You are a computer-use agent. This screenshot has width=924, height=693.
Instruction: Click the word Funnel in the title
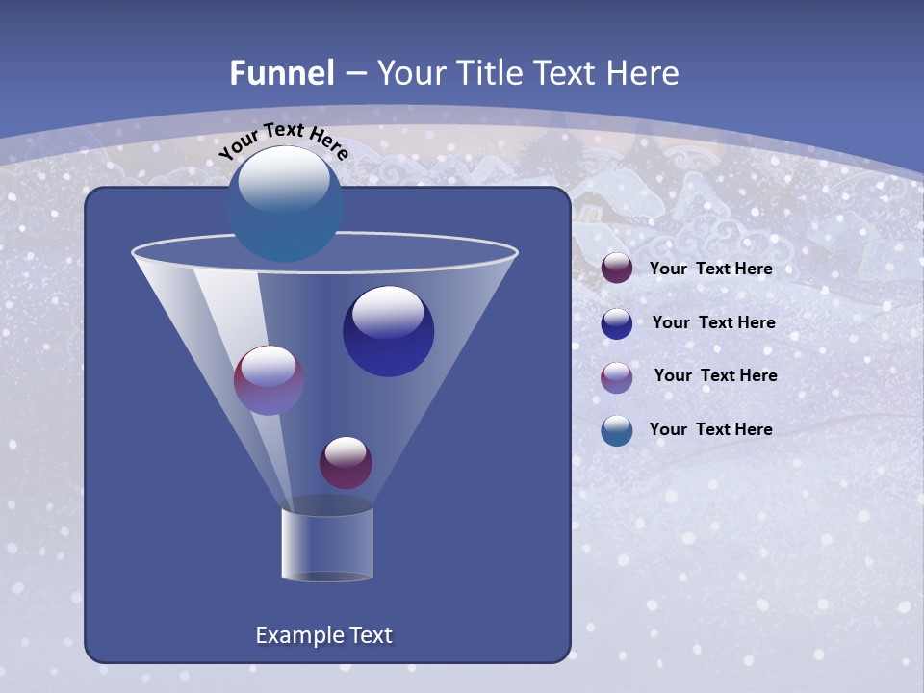click(282, 73)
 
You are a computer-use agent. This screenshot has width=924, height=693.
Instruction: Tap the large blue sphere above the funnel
click(285, 204)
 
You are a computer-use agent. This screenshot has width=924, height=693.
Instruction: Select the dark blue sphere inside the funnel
click(388, 332)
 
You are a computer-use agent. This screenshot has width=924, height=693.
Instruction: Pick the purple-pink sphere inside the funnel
click(269, 380)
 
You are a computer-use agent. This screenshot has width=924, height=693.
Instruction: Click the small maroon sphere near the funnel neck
click(346, 463)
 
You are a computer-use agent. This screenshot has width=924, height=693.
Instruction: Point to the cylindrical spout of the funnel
click(327, 544)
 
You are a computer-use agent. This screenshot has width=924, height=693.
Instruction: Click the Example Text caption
click(323, 635)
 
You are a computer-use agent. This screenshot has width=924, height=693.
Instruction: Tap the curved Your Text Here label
click(284, 141)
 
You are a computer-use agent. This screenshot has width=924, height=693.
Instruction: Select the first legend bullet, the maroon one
click(617, 269)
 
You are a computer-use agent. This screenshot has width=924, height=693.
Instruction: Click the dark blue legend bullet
click(617, 323)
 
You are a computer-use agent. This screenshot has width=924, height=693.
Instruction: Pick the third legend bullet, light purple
click(617, 376)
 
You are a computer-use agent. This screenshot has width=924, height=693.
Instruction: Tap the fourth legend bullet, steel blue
click(617, 430)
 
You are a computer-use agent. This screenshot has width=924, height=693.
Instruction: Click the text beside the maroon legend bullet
click(710, 269)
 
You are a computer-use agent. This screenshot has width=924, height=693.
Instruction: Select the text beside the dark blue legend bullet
click(713, 323)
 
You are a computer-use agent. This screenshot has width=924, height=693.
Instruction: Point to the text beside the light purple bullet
click(715, 376)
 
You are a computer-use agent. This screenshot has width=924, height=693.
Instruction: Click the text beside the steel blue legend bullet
click(710, 430)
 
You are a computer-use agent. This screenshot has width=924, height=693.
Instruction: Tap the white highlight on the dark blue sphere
click(388, 313)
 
